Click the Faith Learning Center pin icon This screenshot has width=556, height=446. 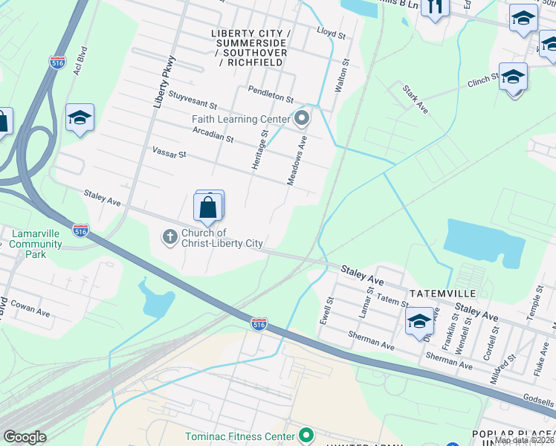[x=302, y=118]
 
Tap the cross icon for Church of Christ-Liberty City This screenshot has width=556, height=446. [x=169, y=237]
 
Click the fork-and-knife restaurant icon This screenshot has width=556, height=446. [x=434, y=7]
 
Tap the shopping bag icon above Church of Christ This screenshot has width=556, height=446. [x=209, y=208]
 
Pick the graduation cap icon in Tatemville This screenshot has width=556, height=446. [x=419, y=322]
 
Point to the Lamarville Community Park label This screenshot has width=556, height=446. [x=36, y=244]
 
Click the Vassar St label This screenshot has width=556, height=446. [x=168, y=154]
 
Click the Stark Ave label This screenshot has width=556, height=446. [x=416, y=98]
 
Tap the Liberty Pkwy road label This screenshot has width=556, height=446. [x=165, y=82]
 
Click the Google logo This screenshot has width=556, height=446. [x=25, y=436]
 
